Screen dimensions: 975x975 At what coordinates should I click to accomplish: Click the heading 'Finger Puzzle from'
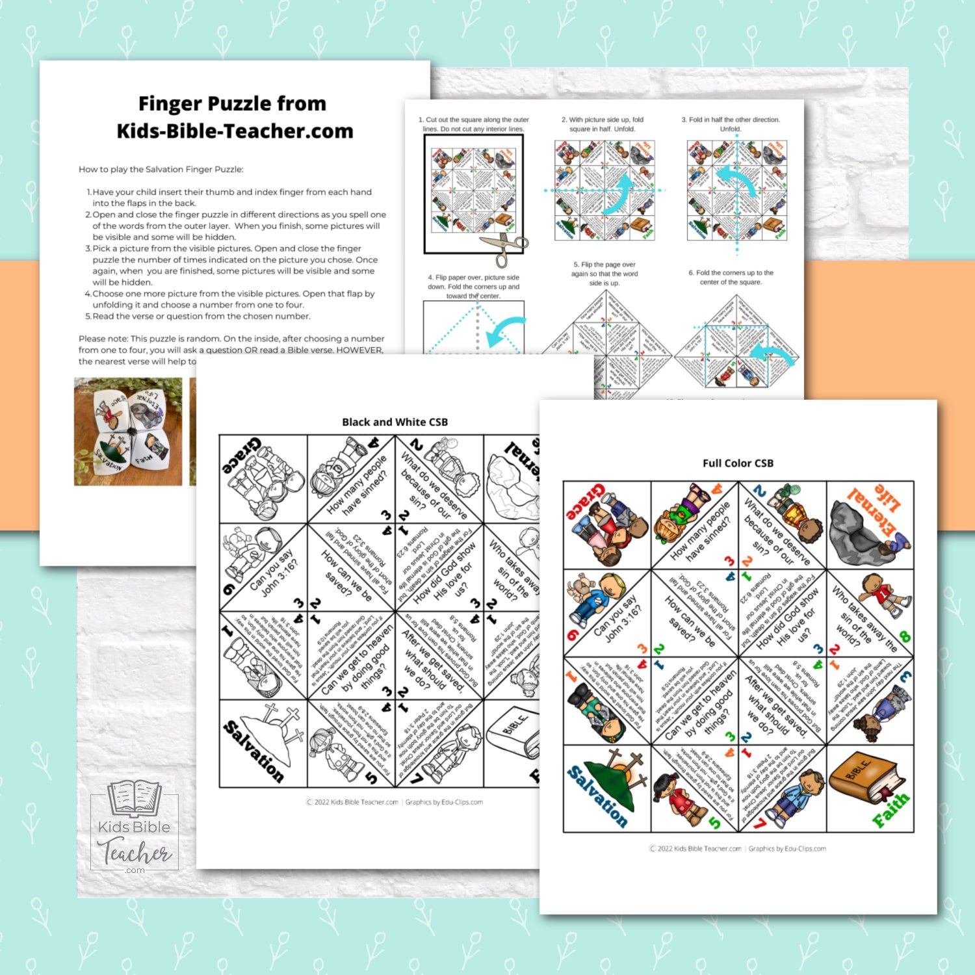pos(232,104)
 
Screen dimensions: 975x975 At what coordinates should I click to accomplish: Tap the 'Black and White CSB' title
pos(395,422)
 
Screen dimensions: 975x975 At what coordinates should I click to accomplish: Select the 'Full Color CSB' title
pos(738,463)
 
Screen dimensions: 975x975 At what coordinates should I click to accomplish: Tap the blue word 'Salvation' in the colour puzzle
pos(597,796)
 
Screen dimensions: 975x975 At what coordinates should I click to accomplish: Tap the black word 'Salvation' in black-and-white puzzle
pos(253,751)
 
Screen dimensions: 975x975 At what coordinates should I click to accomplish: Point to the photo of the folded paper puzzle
pos(128,432)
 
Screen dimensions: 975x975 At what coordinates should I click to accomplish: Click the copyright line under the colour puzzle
pos(737,848)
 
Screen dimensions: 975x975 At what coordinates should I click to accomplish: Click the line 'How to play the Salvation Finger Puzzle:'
pos(161,170)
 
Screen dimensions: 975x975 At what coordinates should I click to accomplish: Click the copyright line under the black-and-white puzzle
pos(395,802)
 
